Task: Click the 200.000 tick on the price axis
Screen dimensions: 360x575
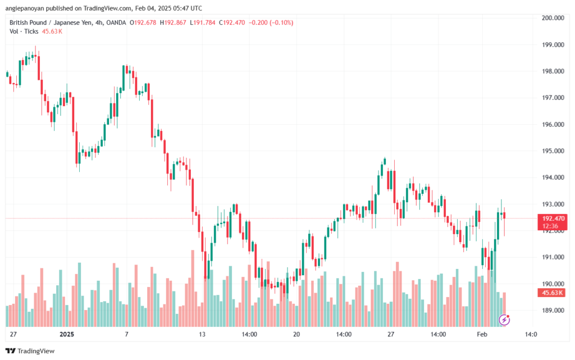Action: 552,18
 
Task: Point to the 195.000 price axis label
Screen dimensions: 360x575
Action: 552,151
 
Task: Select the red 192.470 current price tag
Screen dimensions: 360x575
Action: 552,218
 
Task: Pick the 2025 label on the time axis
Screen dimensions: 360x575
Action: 66,334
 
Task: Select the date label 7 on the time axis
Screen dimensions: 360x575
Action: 127,334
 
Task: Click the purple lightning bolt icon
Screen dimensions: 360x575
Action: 504,320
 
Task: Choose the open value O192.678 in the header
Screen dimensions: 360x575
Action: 144,22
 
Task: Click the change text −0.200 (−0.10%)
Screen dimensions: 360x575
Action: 271,22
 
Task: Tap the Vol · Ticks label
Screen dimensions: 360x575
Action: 22,31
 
